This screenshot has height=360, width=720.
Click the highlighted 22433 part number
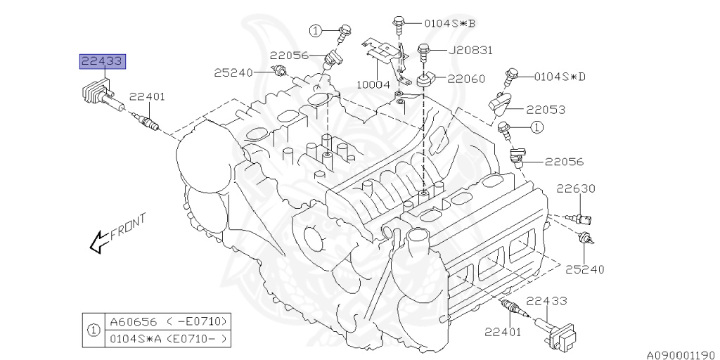(x=101, y=62)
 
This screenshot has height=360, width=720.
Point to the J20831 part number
(x=463, y=50)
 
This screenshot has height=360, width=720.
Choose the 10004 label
(x=374, y=84)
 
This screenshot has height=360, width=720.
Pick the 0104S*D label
(x=560, y=75)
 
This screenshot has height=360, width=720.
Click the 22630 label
(x=576, y=188)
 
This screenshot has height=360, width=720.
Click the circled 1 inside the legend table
(x=92, y=330)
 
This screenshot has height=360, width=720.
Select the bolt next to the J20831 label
(x=424, y=52)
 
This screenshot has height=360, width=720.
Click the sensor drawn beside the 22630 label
(x=580, y=217)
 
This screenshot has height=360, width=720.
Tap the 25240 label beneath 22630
(x=584, y=269)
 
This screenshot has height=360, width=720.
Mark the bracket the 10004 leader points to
(x=383, y=52)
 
